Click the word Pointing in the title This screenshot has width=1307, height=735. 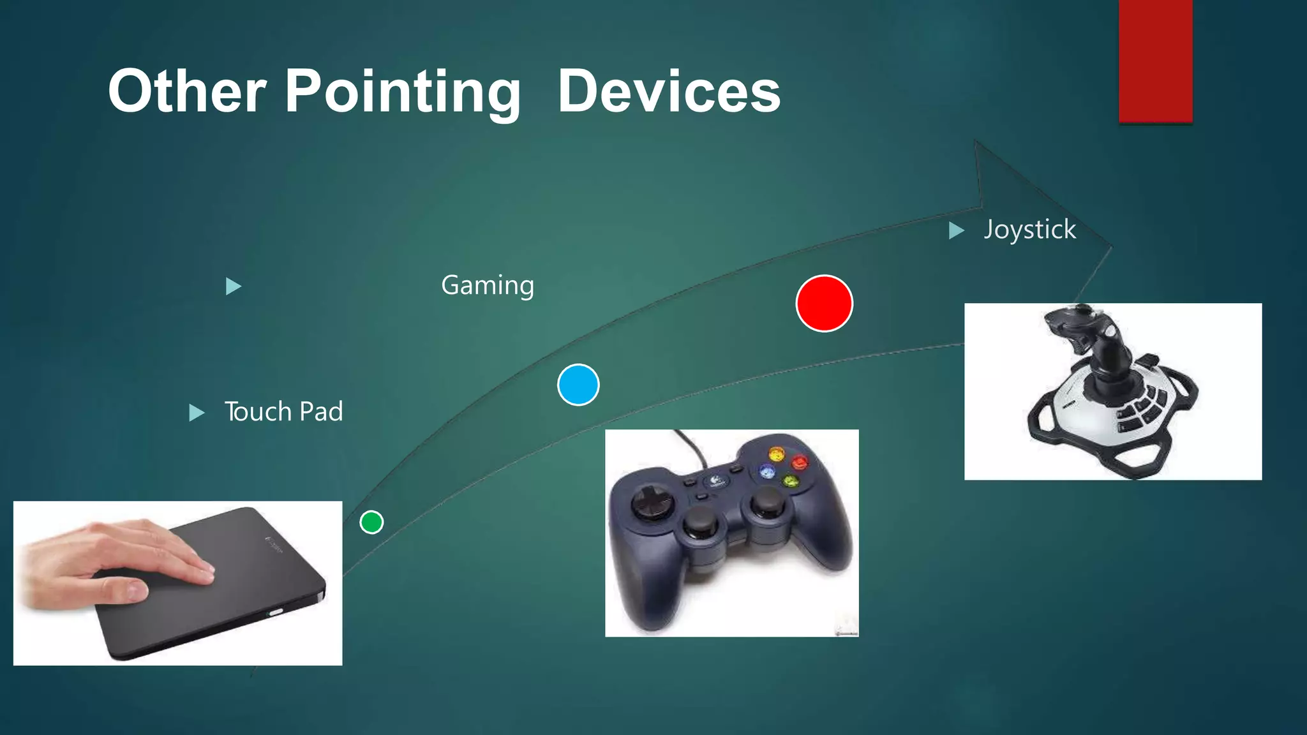click(x=402, y=93)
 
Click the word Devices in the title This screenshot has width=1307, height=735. click(x=669, y=93)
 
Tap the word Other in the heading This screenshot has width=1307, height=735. click(x=186, y=93)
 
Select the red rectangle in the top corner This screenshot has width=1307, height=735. click(x=1155, y=61)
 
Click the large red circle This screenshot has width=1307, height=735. click(x=824, y=304)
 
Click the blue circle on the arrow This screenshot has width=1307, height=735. click(x=578, y=385)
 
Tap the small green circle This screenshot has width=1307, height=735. click(x=371, y=522)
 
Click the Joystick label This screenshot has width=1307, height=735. click(x=1029, y=230)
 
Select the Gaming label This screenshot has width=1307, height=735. click(x=488, y=285)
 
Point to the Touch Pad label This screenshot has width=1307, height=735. click(x=283, y=412)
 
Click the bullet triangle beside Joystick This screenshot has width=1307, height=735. click(x=955, y=230)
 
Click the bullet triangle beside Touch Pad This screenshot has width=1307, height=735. click(x=197, y=413)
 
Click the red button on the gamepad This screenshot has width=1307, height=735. click(x=799, y=462)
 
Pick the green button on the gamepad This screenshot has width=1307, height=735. click(x=790, y=481)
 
